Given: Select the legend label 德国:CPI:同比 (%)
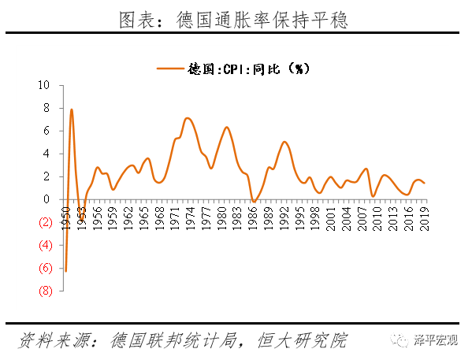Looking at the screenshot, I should tap(251, 69).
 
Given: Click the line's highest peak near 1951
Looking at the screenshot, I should tap(71, 109).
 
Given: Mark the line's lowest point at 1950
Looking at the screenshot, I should tap(65, 271).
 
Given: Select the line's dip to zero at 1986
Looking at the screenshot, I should tap(253, 201).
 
